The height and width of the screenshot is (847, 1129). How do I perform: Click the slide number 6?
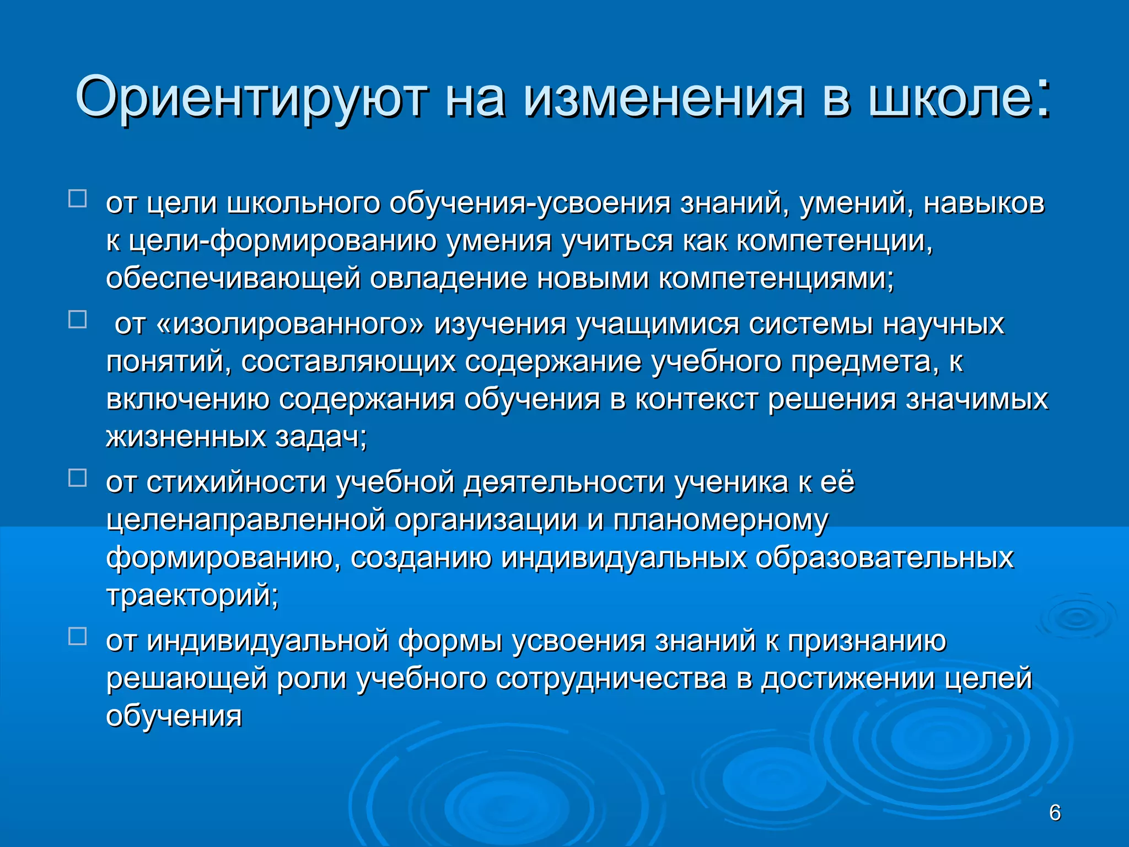(1055, 813)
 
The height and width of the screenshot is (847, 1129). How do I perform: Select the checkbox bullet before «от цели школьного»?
(78, 199)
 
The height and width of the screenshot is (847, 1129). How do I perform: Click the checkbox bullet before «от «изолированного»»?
(78, 319)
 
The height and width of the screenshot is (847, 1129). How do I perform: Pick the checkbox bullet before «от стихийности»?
(78, 478)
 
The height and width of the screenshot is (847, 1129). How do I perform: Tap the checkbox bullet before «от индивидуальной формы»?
(78, 636)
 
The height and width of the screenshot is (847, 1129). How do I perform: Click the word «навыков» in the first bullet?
(983, 203)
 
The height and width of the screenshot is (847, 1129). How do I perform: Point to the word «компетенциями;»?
(777, 278)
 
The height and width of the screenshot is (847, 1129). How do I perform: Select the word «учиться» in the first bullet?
(617, 241)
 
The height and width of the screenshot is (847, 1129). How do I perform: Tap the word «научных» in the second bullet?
(943, 324)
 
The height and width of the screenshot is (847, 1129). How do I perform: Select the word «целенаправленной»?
(245, 520)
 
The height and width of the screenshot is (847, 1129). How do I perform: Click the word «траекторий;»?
(192, 596)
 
